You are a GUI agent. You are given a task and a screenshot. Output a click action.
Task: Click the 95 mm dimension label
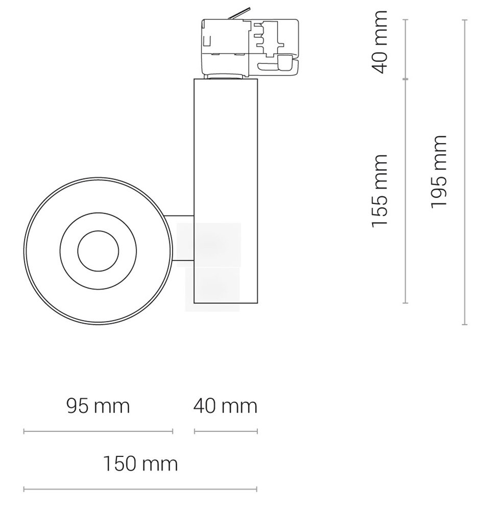(x=98, y=406)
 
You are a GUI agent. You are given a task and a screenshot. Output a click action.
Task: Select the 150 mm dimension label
(x=140, y=464)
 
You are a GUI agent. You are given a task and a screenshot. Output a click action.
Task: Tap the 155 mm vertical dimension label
(x=379, y=191)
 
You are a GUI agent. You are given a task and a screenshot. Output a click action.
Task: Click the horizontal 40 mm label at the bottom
(x=225, y=406)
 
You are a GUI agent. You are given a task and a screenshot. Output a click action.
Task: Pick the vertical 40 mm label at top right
(x=379, y=42)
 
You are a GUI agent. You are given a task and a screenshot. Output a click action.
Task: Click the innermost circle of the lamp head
(x=98, y=251)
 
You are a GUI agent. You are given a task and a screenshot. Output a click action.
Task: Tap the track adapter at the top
(x=250, y=46)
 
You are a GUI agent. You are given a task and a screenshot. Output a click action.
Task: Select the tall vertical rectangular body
(x=226, y=191)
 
